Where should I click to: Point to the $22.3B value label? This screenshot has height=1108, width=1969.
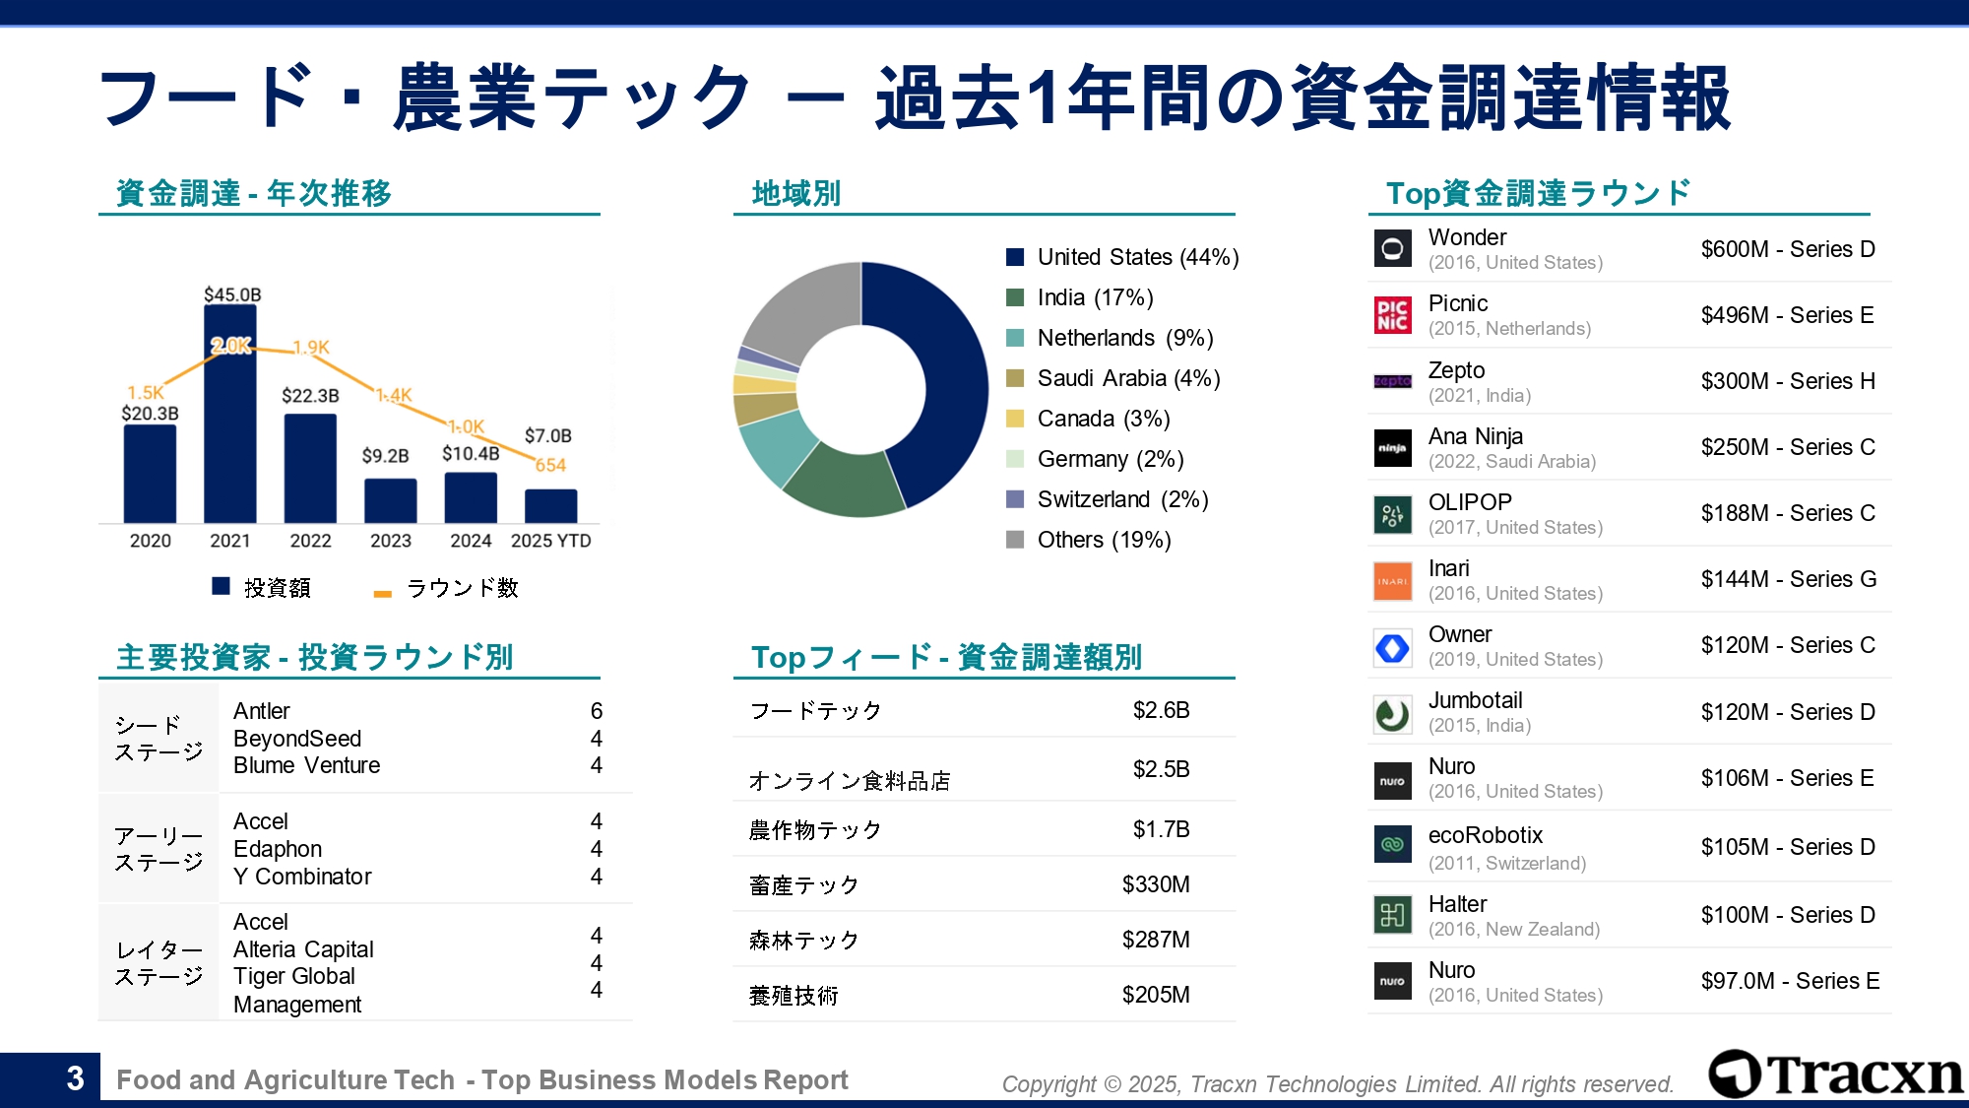point(310,396)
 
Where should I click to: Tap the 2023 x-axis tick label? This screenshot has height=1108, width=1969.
point(391,541)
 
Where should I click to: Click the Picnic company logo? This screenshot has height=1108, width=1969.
point(1392,315)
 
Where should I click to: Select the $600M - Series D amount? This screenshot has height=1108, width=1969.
point(1788,249)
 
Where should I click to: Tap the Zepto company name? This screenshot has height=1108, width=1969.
point(1456,370)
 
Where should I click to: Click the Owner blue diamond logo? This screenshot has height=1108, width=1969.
point(1392,648)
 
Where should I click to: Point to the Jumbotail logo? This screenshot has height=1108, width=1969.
point(1392,714)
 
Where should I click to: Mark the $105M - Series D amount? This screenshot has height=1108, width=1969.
point(1788,847)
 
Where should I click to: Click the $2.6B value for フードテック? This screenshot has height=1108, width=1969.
point(1161,710)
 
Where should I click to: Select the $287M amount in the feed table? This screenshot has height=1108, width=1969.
point(1155,940)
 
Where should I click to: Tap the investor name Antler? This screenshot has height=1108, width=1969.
point(261,711)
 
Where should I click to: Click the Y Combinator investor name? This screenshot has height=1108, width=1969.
point(302,877)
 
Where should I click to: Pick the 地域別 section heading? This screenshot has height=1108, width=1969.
point(795,193)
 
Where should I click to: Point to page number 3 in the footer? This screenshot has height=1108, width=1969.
point(75,1078)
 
